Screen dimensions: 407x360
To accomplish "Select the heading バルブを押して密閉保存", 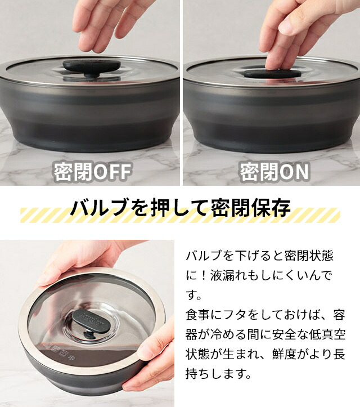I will click(180, 208).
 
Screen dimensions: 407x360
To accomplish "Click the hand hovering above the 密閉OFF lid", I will click(107, 23).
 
